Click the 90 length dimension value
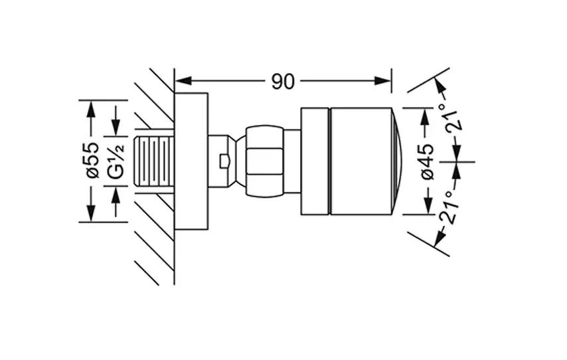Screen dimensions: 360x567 (x=283, y=81)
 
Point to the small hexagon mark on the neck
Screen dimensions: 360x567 (x=224, y=160)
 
